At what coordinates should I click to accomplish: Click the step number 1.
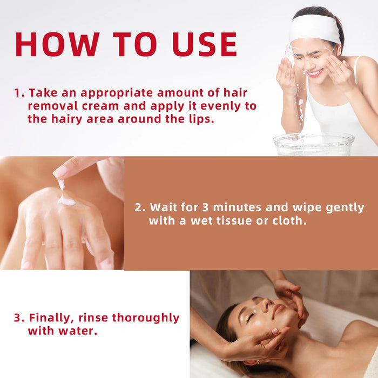pos(17,93)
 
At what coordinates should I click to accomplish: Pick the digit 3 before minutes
pos(204,207)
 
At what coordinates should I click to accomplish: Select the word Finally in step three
pos(51,318)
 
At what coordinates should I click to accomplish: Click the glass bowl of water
pos(313,144)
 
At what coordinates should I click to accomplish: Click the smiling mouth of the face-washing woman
pos(314,72)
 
